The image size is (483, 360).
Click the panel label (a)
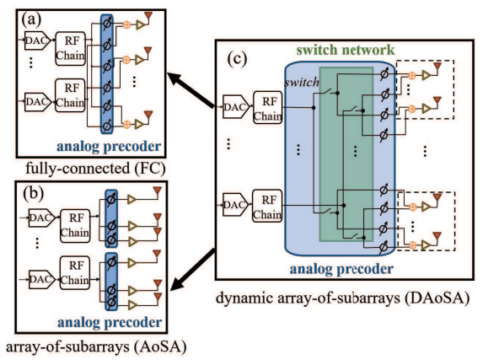(31, 19)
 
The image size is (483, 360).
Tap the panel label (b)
(33, 194)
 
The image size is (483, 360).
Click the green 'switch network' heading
(346, 50)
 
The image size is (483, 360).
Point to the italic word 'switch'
(302, 82)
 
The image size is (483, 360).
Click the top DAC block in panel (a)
(37, 40)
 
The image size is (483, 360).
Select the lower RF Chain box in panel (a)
(70, 95)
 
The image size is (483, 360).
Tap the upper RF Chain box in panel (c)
(268, 108)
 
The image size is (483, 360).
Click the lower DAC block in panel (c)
(235, 204)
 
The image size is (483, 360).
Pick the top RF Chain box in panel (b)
(75, 225)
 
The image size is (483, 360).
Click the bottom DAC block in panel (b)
(42, 279)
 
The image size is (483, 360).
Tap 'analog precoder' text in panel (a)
(109, 147)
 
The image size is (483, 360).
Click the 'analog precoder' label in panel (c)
(341, 269)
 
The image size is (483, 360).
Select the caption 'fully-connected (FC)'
(95, 169)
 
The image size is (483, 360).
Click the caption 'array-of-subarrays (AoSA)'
(96, 347)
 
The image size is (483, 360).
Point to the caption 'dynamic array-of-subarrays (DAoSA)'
(342, 298)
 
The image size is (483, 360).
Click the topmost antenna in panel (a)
(148, 17)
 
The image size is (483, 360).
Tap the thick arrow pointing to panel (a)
(191, 89)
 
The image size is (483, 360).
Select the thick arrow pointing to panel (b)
(192, 269)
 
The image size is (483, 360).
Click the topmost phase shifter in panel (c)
(385, 74)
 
